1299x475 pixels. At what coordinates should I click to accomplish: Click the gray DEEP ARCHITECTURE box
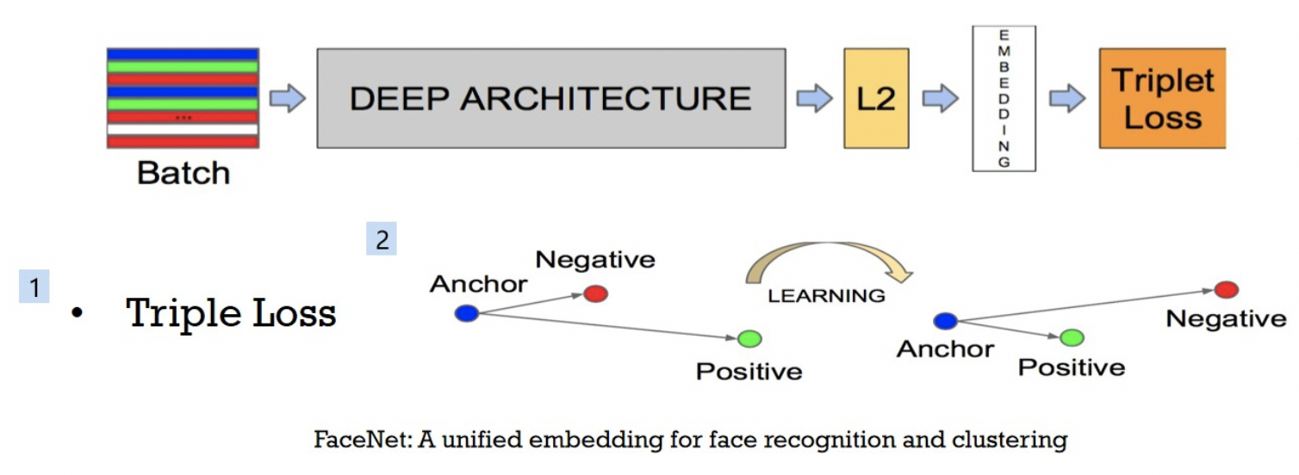coord(551,98)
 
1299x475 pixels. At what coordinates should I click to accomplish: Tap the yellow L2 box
coord(876,98)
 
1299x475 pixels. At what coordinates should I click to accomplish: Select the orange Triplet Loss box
coord(1161,98)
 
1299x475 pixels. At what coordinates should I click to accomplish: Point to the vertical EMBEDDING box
coord(1004,98)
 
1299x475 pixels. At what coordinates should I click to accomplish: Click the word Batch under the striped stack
coord(183,173)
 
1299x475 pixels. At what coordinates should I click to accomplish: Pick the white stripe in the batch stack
coord(183,129)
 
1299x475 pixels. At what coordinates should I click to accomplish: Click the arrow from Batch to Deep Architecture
coord(288,98)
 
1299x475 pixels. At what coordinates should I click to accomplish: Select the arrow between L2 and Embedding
coord(940,98)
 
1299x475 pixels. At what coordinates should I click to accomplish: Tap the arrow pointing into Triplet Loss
coord(1067,98)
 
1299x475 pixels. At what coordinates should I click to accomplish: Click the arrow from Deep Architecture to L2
coord(814,98)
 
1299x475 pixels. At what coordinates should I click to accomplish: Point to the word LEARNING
coord(826,296)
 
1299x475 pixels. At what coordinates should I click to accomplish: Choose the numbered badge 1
coord(34,287)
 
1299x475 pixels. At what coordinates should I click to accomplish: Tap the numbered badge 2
coord(382,240)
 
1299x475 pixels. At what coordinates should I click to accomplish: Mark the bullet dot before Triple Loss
coord(78,315)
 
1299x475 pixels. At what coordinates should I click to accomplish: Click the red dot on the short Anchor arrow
coord(595,293)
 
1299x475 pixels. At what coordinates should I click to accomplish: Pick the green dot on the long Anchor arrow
coord(749,339)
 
